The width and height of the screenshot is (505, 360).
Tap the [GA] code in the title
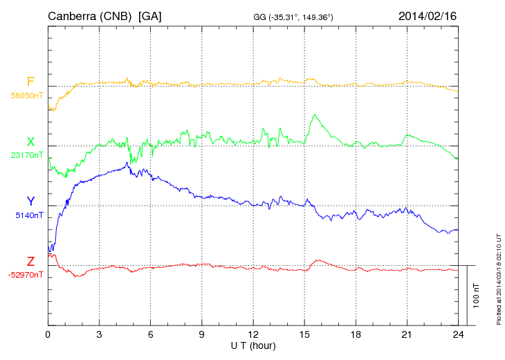(150, 16)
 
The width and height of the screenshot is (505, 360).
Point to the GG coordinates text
(293, 17)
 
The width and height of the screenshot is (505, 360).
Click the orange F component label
(30, 82)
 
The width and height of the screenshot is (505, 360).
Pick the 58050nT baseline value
(28, 96)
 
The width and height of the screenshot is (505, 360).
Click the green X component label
(30, 141)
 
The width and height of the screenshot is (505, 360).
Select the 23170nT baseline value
(28, 155)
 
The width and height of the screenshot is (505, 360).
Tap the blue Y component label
(30, 201)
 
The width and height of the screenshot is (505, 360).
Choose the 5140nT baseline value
(30, 215)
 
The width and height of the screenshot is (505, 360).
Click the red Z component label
(30, 261)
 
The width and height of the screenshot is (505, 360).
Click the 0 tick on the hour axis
(48, 334)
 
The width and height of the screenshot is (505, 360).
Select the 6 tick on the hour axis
(151, 334)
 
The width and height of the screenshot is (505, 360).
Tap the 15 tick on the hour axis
(304, 334)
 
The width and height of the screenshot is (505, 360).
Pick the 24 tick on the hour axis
(458, 334)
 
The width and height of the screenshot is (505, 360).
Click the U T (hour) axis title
(253, 345)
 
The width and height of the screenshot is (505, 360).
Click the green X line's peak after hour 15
(315, 115)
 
